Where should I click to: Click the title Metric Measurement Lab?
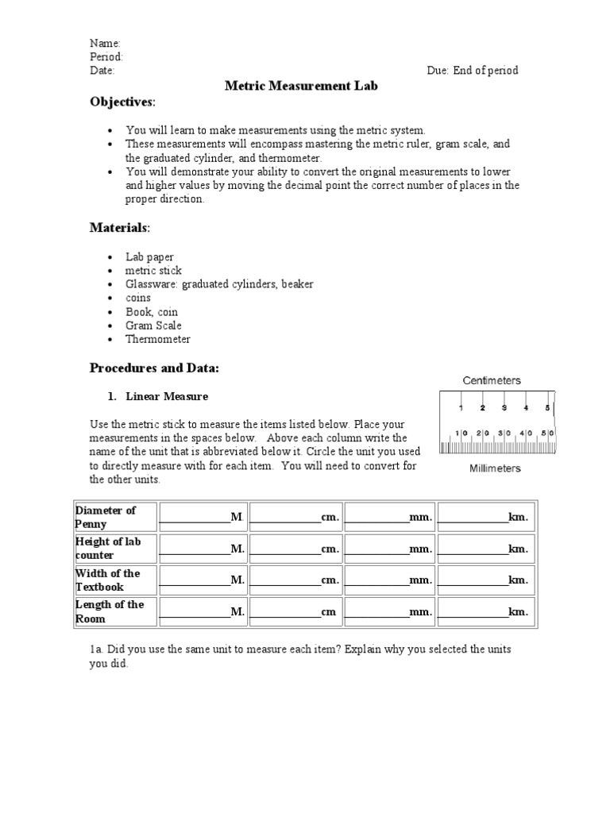pos(296,86)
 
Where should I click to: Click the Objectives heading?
pos(122,102)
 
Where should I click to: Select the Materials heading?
pos(119,228)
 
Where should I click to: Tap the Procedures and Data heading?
pos(154,368)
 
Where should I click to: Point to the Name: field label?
pos(105,43)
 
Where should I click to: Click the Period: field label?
pos(106,56)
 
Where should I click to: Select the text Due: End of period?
pos(472,70)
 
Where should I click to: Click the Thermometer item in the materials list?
pos(157,339)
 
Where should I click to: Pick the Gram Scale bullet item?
pos(152,326)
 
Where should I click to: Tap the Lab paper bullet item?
pos(149,257)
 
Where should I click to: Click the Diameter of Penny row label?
pos(106,517)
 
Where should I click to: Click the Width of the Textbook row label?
pos(107,580)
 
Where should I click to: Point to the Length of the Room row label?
pos(110,611)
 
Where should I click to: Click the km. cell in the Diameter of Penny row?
pos(484,517)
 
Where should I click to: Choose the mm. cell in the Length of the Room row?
pos(390,611)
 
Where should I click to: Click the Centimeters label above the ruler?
pos(492,380)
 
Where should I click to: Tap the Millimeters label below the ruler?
pos(495,468)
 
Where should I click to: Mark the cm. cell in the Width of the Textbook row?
pos(296,580)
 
